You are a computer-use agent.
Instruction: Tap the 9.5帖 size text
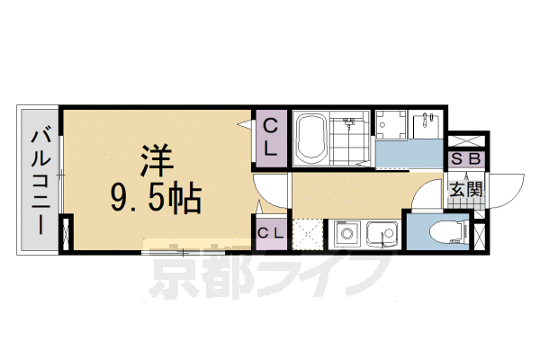(x=155, y=194)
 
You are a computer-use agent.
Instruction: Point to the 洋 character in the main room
(x=155, y=159)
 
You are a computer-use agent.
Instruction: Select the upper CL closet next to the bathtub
(x=271, y=137)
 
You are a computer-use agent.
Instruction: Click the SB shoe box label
(x=467, y=159)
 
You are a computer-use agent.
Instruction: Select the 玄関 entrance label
(x=467, y=189)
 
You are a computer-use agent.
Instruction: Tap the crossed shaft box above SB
(x=468, y=141)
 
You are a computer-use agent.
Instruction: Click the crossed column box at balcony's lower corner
(x=65, y=232)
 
